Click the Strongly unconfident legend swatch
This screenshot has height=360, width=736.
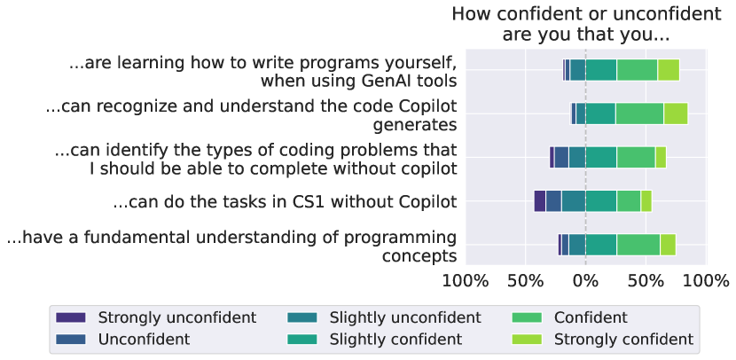(x=70, y=317)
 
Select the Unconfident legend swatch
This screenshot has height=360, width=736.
(x=70, y=339)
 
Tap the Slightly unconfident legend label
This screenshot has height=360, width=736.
(x=405, y=317)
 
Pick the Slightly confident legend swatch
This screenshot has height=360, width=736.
(x=301, y=339)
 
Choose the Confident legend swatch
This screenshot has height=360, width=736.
(x=527, y=317)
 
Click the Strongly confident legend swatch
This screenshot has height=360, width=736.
(x=527, y=339)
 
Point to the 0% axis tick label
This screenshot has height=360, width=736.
(x=585, y=281)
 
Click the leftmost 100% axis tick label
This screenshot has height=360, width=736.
(x=466, y=281)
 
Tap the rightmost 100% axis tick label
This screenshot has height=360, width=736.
(x=706, y=281)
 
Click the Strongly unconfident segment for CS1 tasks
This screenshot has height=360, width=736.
(x=540, y=201)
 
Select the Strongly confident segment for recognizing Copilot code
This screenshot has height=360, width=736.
(x=676, y=113)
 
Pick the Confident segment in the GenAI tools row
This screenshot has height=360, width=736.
(x=637, y=70)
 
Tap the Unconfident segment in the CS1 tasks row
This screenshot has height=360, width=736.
(x=553, y=201)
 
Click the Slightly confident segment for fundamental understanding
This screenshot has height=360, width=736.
(x=601, y=245)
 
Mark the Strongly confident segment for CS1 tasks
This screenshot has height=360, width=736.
(x=646, y=201)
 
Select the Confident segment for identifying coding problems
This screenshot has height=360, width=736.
(x=636, y=157)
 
